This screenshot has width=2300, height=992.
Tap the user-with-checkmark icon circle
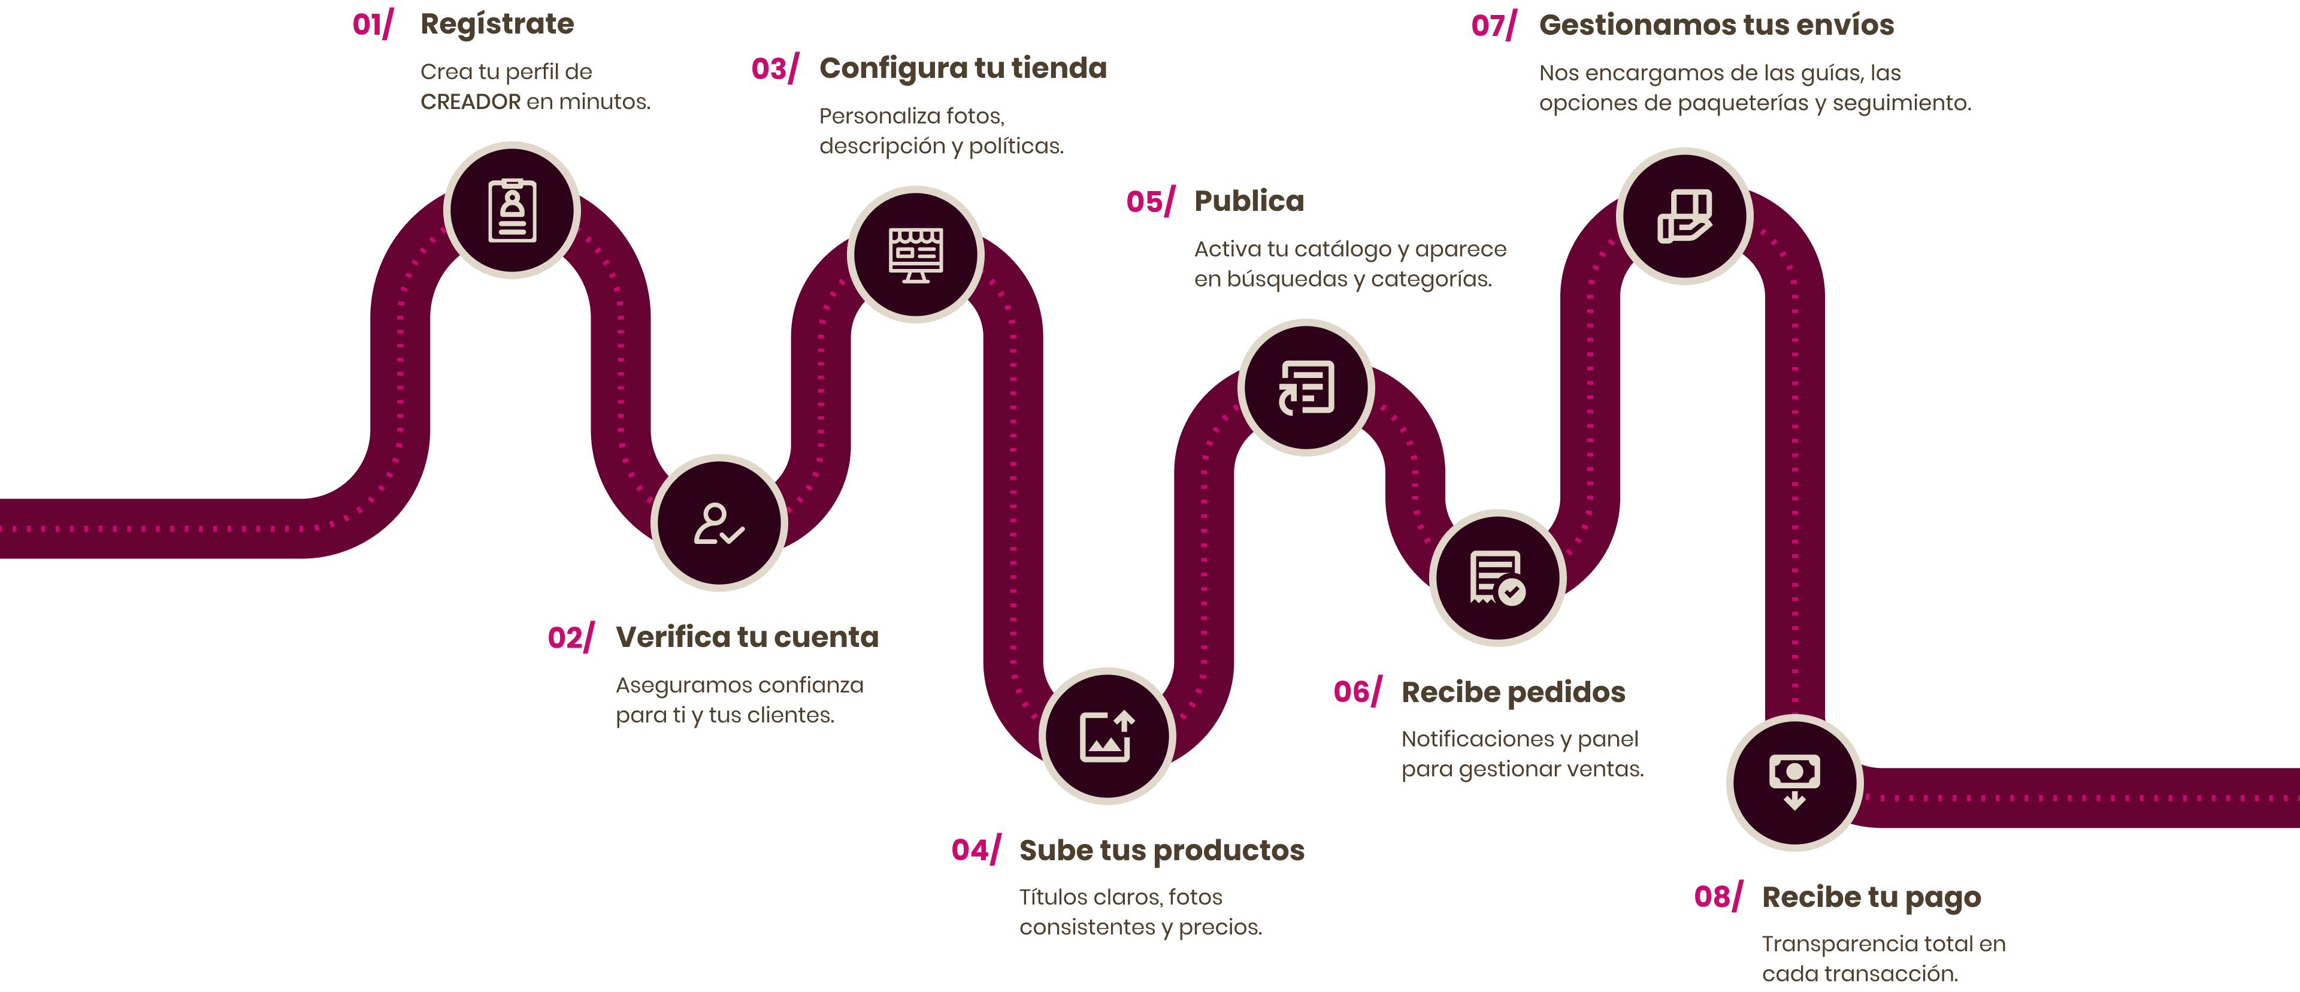[719, 523]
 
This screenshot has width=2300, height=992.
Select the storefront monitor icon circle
[915, 255]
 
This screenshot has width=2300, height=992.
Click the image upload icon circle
[1107, 736]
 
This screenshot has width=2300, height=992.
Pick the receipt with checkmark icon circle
[1497, 577]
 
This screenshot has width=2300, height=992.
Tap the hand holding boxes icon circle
[1684, 216]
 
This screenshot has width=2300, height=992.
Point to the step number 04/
[976, 851]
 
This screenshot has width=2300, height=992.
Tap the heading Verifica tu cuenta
[747, 637]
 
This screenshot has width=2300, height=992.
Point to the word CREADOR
[471, 102]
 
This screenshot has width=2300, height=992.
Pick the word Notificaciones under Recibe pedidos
[1478, 739]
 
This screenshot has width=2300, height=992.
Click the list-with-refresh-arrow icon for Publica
[1306, 388]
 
